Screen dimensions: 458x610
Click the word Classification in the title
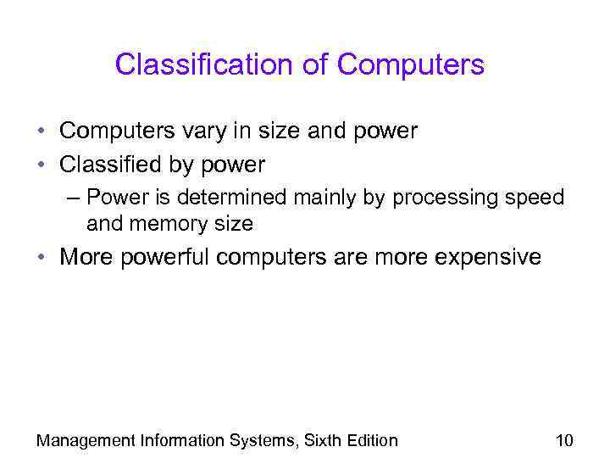coord(212,64)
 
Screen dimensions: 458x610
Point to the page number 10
coord(564,440)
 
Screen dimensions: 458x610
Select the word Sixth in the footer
coord(319,440)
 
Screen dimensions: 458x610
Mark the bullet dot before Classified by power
coord(41,165)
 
